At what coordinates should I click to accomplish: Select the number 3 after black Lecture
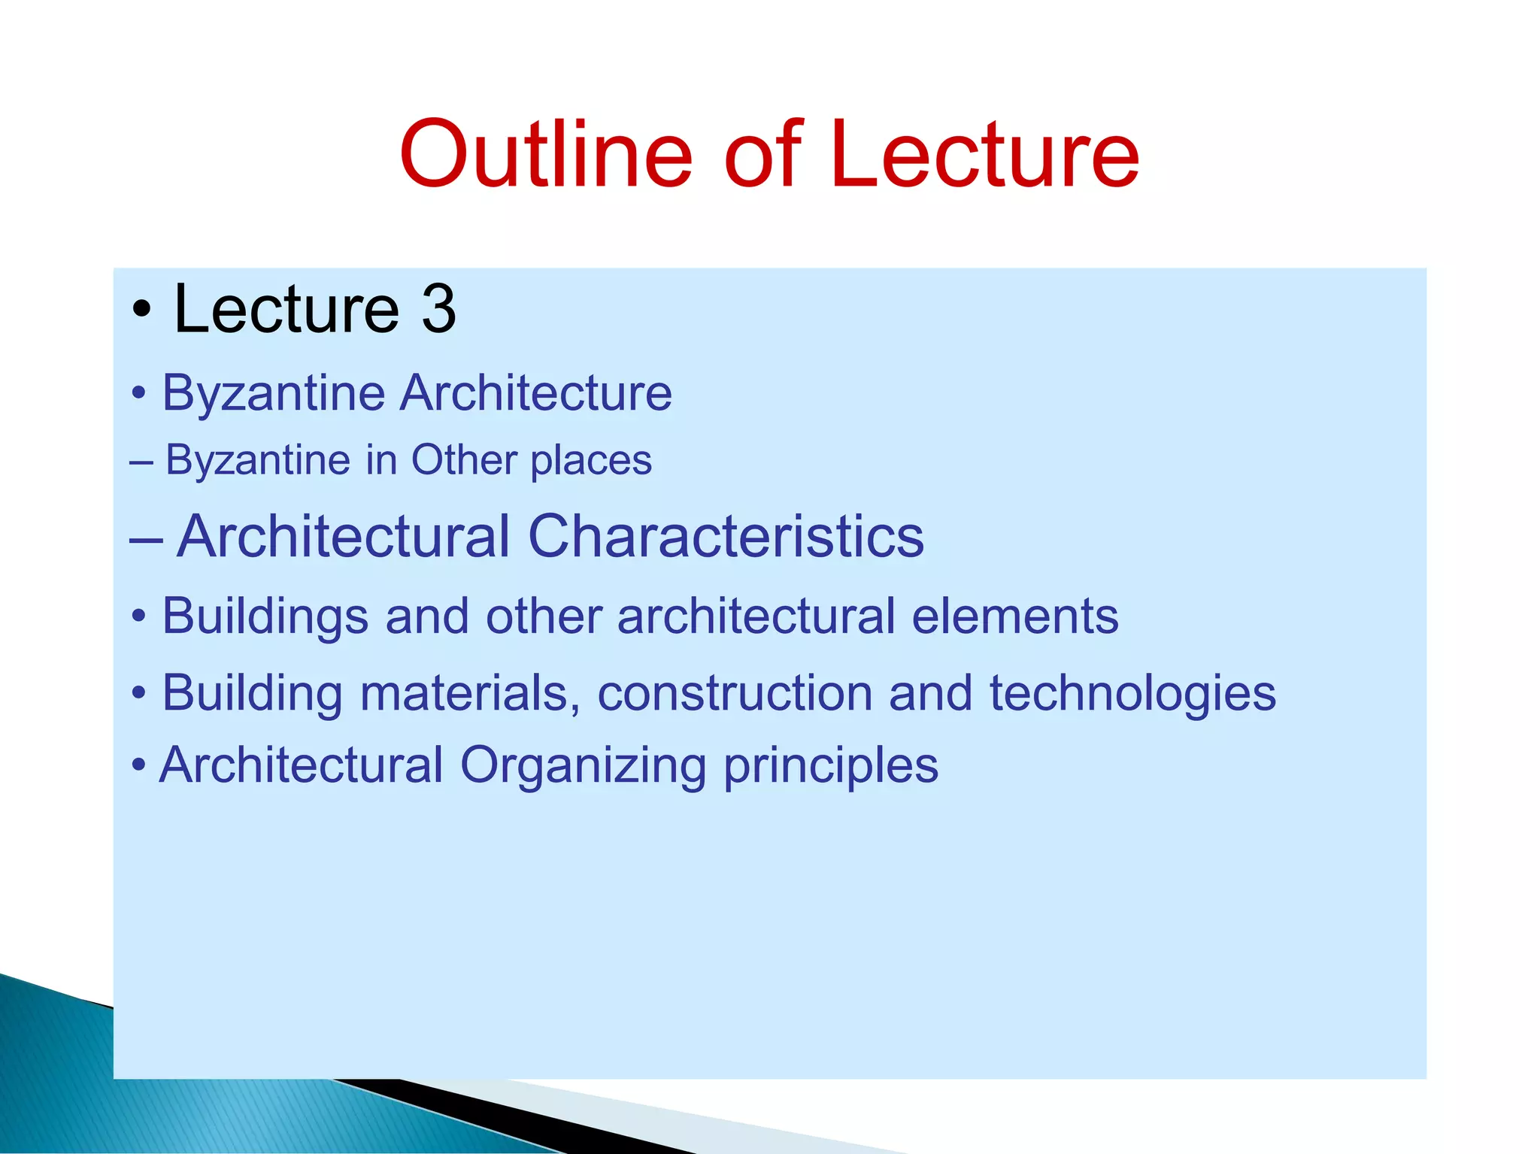click(438, 309)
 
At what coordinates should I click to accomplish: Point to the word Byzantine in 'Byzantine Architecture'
click(274, 393)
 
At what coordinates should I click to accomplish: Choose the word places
click(591, 462)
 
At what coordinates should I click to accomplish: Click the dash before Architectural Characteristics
click(146, 538)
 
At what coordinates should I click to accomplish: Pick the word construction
click(735, 692)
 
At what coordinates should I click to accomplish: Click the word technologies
click(1132, 694)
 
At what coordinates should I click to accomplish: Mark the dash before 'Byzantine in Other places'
click(141, 461)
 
